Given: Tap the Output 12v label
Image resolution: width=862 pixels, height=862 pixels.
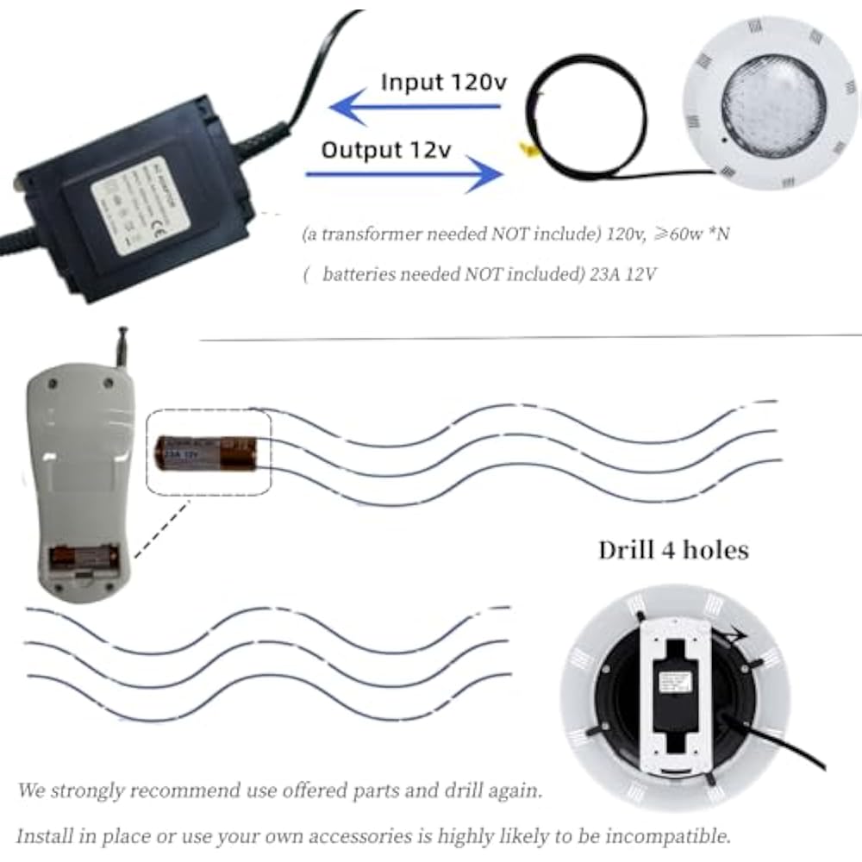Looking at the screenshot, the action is tap(386, 149).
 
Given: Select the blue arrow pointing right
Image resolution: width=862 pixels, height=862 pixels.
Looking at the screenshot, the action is tap(405, 175).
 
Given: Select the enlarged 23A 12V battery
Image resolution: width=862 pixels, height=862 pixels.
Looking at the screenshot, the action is tap(207, 453).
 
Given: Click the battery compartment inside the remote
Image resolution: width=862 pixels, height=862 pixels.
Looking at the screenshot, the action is tap(84, 560).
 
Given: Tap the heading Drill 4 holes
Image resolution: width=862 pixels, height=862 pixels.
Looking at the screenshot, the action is tap(673, 549).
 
